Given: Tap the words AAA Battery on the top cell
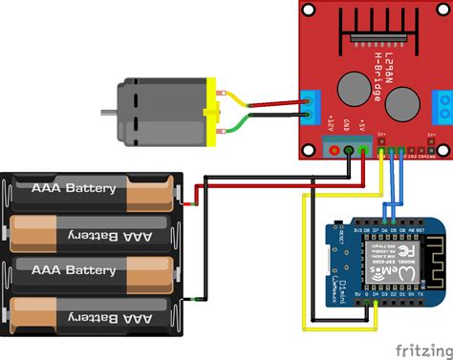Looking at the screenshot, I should click(75, 188).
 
